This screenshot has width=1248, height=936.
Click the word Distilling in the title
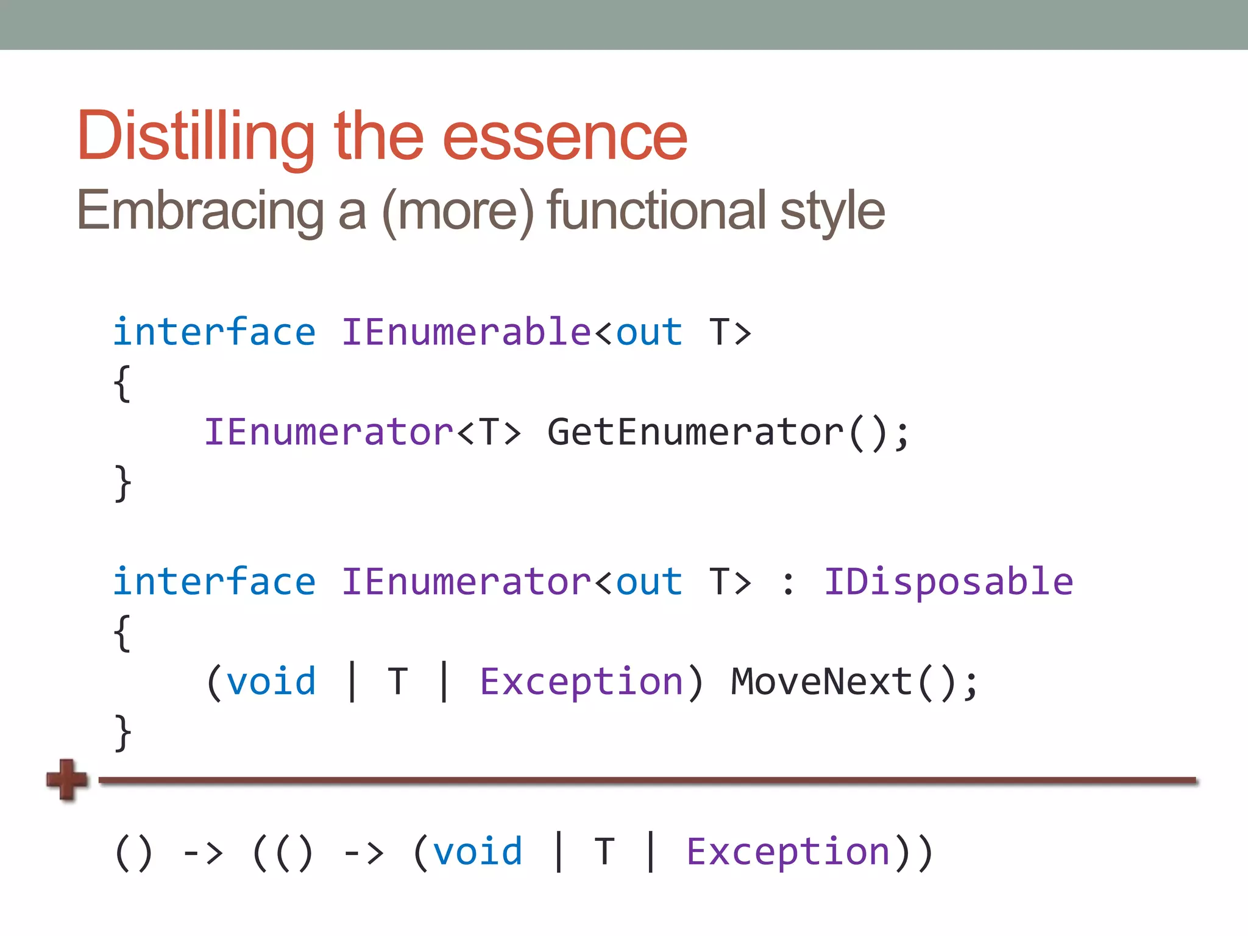[195, 137]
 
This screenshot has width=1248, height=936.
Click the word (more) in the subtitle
[458, 210]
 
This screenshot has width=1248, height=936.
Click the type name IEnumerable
[466, 332]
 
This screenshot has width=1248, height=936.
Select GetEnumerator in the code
[695, 432]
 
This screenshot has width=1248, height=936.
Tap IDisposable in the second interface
[948, 581]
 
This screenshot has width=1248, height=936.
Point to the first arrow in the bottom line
[203, 853]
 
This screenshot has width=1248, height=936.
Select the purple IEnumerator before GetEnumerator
[328, 432]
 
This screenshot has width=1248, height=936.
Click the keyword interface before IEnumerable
[214, 332]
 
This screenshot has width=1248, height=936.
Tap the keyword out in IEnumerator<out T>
[649, 581]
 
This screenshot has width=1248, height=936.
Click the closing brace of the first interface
[122, 483]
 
